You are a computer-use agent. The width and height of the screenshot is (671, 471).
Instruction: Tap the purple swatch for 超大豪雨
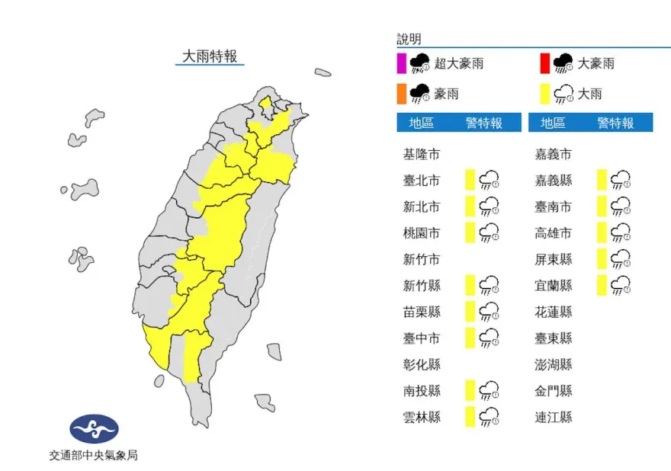coord(401,63)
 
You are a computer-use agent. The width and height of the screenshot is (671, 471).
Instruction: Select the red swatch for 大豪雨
coord(544,63)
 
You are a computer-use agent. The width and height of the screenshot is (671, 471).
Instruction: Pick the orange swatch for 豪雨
coord(401,94)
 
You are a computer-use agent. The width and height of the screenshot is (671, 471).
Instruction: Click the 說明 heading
coord(409,39)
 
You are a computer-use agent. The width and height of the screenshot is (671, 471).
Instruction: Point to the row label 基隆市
coord(422,154)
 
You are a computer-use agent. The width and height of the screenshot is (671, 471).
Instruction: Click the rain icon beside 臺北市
coord(489,181)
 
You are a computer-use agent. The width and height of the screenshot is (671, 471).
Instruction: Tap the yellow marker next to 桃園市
coord(470,232)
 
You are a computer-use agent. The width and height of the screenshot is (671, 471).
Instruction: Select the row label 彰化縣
coord(422,364)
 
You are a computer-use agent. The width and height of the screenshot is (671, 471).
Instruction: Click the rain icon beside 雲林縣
coord(489,416)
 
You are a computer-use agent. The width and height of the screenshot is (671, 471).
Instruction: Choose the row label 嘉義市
coord(553,154)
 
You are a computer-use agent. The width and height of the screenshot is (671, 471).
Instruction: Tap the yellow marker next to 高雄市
coord(602,232)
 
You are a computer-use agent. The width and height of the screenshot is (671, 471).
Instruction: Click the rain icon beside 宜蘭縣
coord(621,285)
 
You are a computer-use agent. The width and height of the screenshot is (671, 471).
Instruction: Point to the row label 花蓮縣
coord(553,311)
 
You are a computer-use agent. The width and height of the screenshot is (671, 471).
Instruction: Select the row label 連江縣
coord(553,416)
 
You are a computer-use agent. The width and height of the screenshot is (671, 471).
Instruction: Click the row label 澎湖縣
coord(553,364)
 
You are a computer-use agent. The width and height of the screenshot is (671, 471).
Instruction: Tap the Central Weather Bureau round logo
coord(94,429)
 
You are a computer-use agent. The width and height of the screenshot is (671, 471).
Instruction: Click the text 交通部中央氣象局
coord(94,455)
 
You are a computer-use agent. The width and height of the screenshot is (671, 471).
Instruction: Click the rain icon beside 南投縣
coord(489,390)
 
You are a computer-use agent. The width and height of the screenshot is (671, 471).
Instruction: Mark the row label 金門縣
coord(553,390)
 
